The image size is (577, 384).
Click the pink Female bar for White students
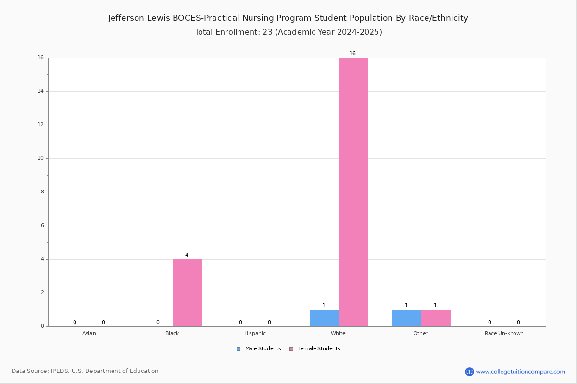coord(353,192)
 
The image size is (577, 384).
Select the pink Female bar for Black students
coord(187,293)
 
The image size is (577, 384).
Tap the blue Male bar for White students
coord(324,318)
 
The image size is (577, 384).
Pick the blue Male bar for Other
coord(407,318)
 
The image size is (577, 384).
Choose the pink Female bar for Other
coord(436,318)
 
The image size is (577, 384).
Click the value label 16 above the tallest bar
coord(352,53)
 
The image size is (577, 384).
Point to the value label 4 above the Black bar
coord(187,255)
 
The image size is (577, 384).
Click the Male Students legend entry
coord(259,348)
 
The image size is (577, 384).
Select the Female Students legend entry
coord(315,348)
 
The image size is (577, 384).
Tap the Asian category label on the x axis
coord(89,333)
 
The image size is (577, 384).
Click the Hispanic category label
coord(255,333)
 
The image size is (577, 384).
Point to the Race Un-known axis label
coord(504,333)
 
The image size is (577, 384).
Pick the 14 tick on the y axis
coord(41,91)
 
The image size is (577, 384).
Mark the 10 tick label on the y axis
coord(41,158)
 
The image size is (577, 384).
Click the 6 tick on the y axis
coord(42,225)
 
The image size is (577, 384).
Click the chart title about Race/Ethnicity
coord(288,18)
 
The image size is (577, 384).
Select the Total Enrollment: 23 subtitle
coord(288,32)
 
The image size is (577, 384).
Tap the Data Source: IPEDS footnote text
coord(85,371)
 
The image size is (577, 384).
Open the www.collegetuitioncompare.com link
coord(520,372)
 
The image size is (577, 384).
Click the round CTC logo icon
coord(469,372)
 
